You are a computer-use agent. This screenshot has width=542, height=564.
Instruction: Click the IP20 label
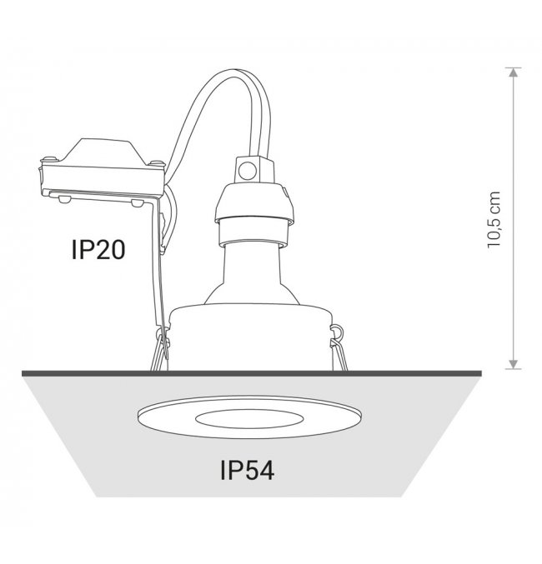[98, 250]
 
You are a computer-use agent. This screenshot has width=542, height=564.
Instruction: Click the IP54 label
[248, 470]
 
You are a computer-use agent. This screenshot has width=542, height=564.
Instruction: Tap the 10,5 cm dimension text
[494, 220]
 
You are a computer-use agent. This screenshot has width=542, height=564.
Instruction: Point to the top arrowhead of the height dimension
[514, 72]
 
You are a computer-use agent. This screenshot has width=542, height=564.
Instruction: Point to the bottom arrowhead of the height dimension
[514, 364]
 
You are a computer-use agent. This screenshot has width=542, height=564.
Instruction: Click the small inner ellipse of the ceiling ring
[249, 419]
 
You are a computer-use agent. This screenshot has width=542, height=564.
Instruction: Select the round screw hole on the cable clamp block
[248, 171]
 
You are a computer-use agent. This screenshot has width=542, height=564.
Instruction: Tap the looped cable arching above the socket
[219, 108]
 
